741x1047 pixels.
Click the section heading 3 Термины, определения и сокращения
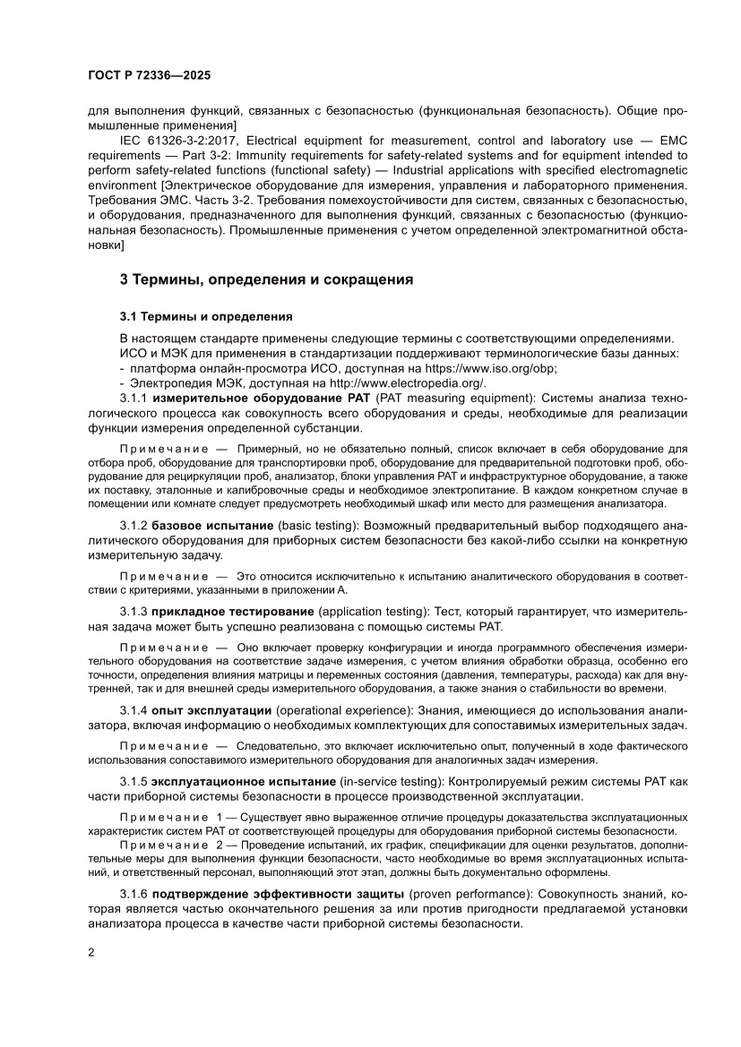pos(266,279)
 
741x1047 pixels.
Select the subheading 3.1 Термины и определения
pos(205,317)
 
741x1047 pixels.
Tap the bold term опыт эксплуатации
pos(212,710)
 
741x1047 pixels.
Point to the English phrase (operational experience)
pos(341,710)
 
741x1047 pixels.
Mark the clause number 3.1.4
pos(134,710)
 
